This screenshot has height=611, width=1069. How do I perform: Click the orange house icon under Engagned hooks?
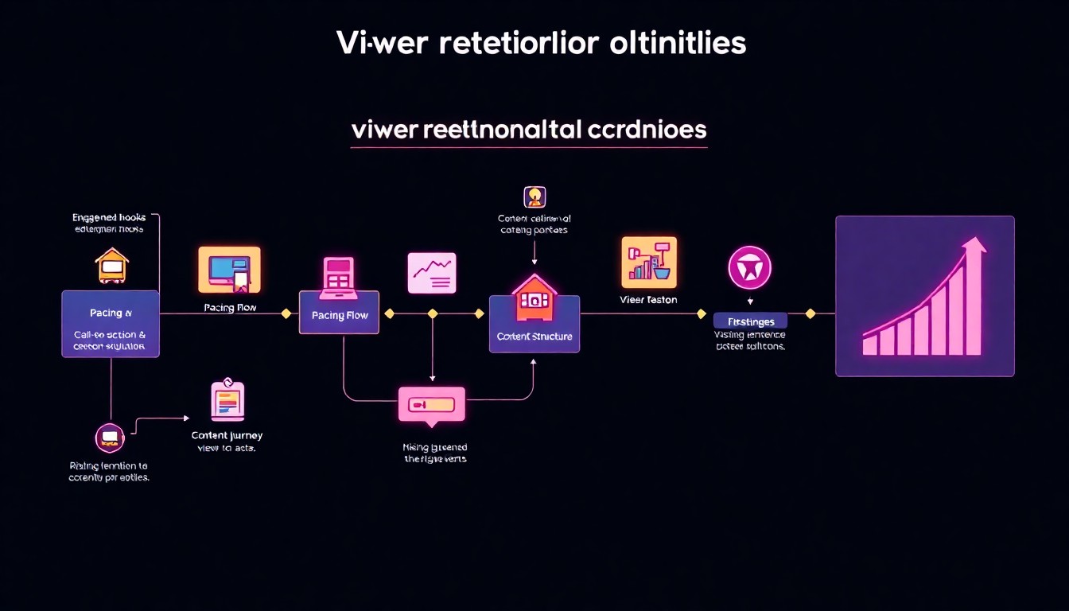coord(112,266)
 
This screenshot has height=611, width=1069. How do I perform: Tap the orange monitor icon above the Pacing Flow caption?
coord(229,269)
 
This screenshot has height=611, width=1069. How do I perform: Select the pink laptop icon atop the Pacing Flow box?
coord(338,274)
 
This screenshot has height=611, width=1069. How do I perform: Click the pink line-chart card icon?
coord(432,273)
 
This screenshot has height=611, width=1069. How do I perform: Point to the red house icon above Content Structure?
coord(534,295)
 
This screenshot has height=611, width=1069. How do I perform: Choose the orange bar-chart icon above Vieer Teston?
coord(648,263)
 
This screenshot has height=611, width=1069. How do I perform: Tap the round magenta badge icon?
coord(749,267)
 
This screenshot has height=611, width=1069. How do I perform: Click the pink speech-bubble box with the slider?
coord(431,405)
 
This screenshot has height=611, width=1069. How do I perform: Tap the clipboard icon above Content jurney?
coord(227,399)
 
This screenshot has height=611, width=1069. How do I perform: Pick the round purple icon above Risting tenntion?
coord(110,438)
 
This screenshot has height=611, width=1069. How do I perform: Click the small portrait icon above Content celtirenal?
coord(534,197)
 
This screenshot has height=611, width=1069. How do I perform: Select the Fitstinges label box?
coord(750,321)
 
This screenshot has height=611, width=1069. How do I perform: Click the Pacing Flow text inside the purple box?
coord(340,316)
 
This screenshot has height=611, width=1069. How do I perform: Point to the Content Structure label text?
coord(534,337)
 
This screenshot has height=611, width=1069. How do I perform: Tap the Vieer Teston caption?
coord(648,300)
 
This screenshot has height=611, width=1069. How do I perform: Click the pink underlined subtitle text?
coord(528,130)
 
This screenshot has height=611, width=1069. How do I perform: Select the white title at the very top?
coord(541,44)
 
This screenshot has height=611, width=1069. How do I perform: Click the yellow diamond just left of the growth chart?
coord(810,313)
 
